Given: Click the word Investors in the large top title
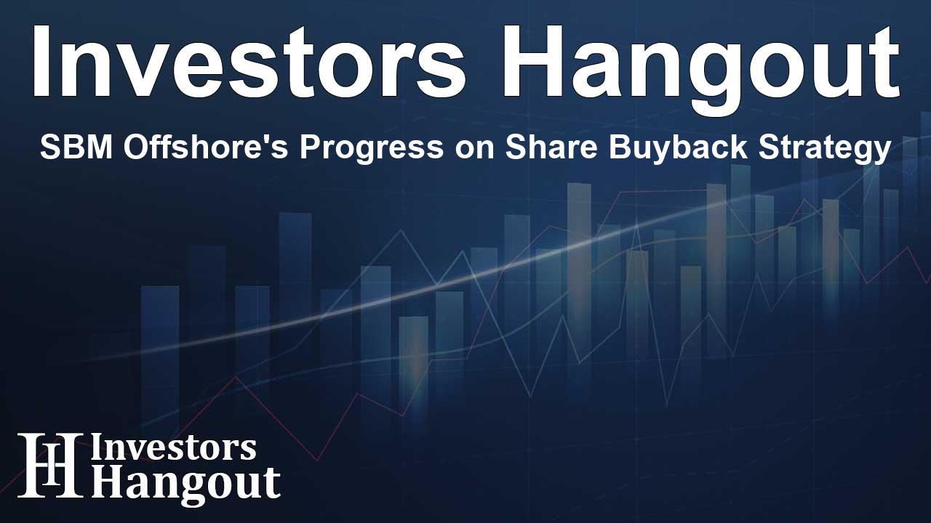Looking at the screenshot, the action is [x=249, y=62].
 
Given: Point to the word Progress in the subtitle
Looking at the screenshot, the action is [x=372, y=150].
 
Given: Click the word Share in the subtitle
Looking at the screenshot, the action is [x=553, y=147].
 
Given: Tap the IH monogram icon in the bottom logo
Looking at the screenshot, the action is [x=50, y=466].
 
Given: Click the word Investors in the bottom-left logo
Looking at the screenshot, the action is [x=173, y=448].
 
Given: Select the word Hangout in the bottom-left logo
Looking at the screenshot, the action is [x=185, y=485].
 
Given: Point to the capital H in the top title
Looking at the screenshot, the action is [x=533, y=62].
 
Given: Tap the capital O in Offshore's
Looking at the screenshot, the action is [x=137, y=147].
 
